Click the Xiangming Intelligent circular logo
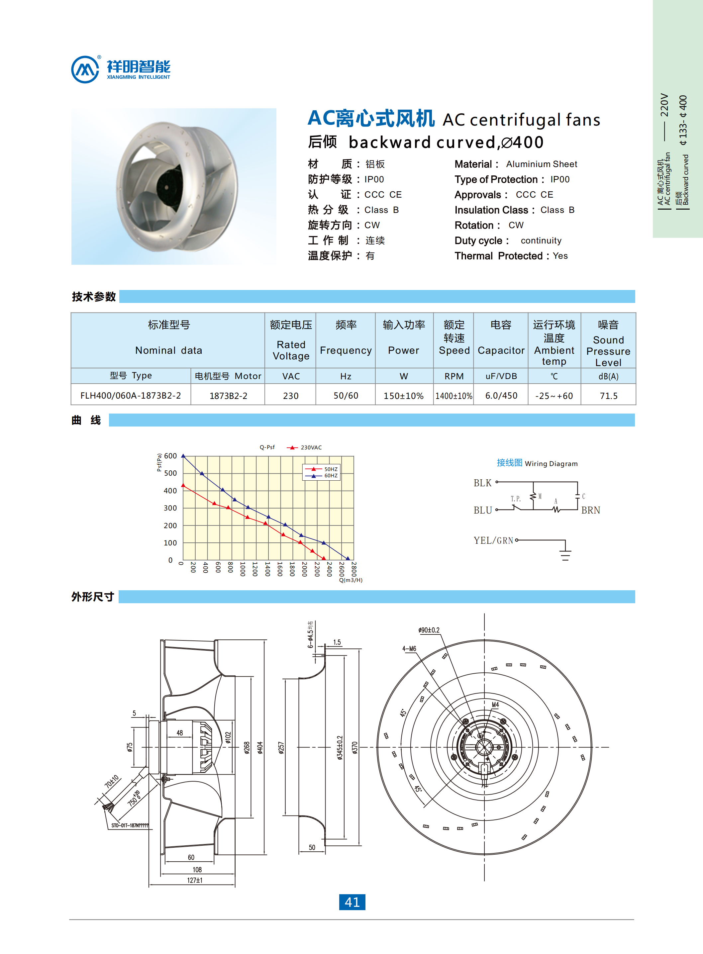tap(85, 69)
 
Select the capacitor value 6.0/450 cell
tap(501, 396)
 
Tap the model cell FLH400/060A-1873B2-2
tap(131, 396)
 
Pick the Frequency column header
tap(346, 350)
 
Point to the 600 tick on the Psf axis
tap(170, 456)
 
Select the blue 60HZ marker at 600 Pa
tap(183, 456)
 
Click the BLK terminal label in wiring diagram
tap(483, 483)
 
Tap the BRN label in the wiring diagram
tap(591, 510)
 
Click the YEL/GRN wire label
tap(494, 540)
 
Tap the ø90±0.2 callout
tap(429, 630)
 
